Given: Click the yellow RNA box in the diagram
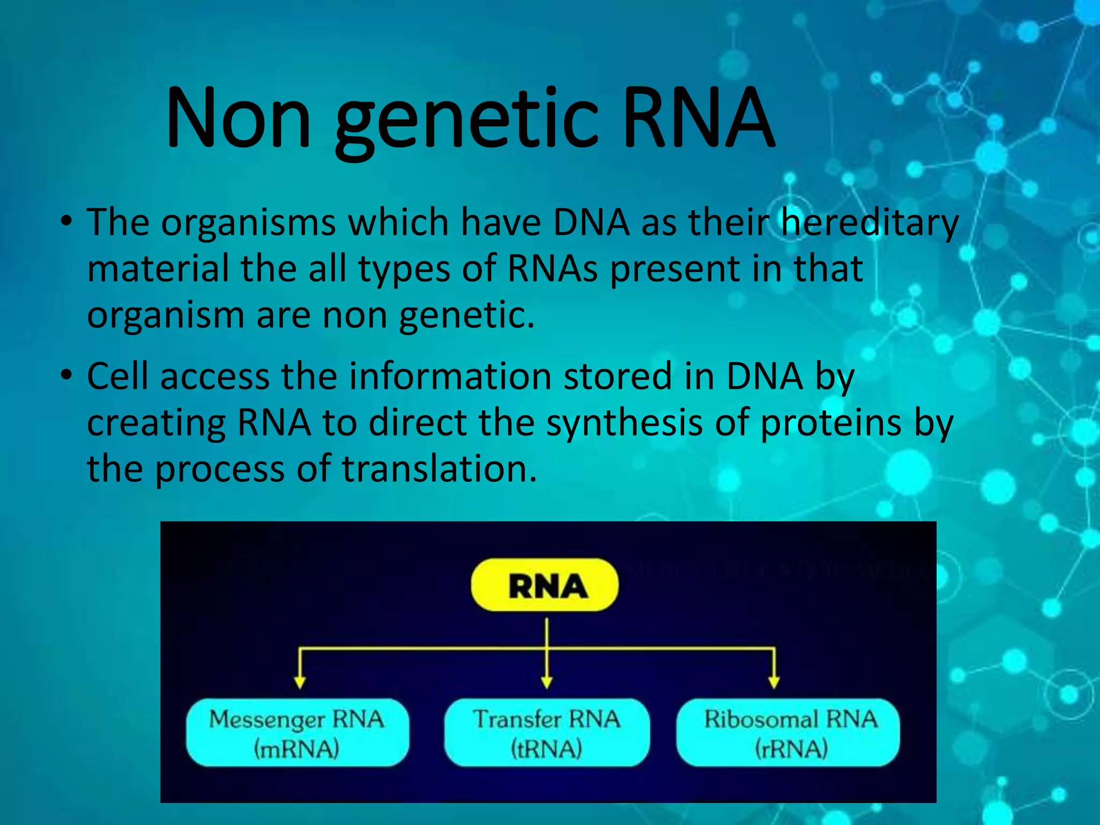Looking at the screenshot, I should tap(545, 585).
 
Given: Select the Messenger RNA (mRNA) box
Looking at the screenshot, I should tap(297, 733).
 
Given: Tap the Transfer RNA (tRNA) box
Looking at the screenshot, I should tap(546, 733).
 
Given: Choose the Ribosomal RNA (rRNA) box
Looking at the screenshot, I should tap(788, 733).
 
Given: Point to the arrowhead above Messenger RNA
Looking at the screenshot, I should tap(300, 682).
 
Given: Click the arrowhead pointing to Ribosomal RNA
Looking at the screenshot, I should tap(773, 682).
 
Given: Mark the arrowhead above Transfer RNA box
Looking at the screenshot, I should tap(547, 682).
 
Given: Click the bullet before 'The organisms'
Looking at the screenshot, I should tap(66, 222).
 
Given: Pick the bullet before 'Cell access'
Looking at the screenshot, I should tap(66, 376).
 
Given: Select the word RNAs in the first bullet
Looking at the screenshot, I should tap(552, 269).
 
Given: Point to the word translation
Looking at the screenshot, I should tap(439, 469).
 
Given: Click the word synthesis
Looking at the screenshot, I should tap(624, 423).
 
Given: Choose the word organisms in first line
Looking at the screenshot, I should tap(248, 223).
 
